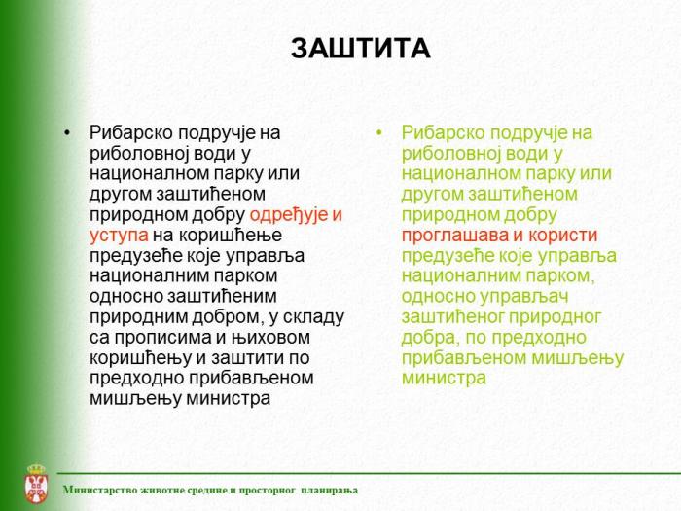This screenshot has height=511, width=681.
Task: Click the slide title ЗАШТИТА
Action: pyautogui.click(x=360, y=49)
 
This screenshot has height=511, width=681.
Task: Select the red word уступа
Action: pyautogui.click(x=119, y=235)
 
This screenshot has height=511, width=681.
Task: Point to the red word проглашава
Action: pyautogui.click(x=453, y=235)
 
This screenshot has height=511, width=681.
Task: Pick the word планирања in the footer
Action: pyautogui.click(x=330, y=490)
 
